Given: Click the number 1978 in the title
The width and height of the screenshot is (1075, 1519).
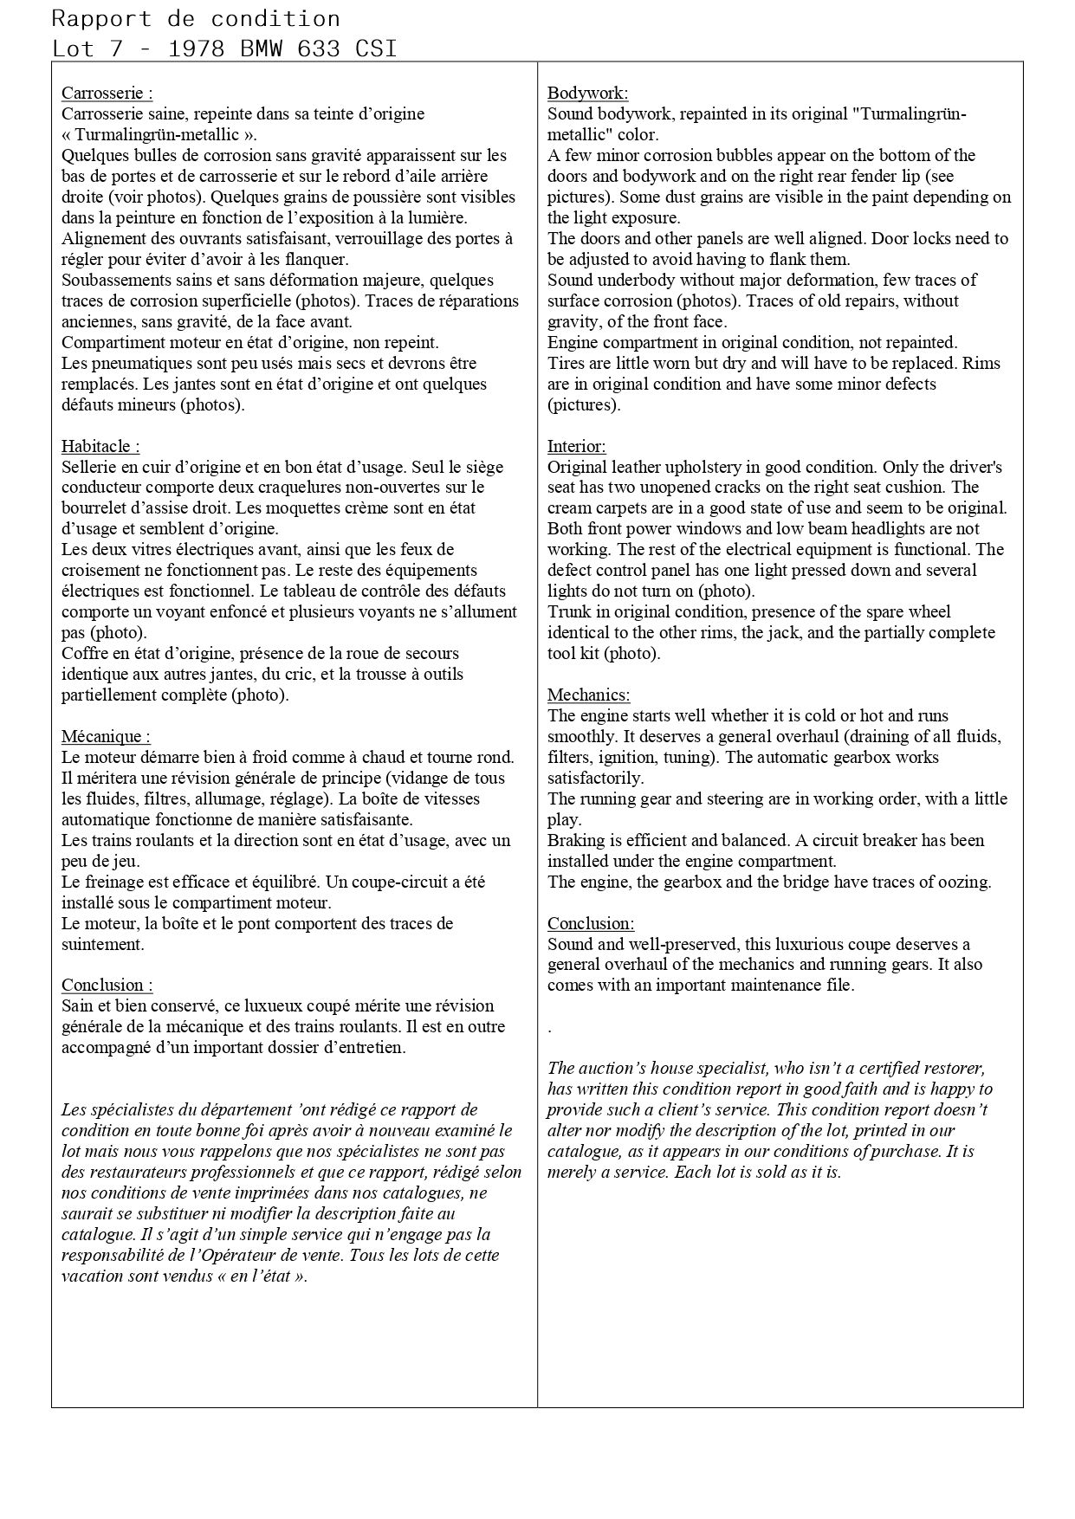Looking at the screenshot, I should click(197, 48).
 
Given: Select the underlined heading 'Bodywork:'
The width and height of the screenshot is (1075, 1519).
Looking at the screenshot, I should click(587, 93).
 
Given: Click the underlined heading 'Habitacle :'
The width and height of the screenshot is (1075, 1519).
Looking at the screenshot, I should click(100, 446).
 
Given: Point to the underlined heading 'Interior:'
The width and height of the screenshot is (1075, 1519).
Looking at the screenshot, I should click(576, 446).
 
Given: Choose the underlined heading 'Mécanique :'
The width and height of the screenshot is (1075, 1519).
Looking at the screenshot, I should click(106, 736).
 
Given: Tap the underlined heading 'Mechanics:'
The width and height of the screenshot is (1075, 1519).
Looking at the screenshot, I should click(588, 695).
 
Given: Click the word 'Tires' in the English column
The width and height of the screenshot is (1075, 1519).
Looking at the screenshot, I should click(566, 363).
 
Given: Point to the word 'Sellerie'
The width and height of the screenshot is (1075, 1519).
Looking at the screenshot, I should click(88, 467).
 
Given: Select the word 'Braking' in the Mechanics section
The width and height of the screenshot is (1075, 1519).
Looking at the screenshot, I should click(576, 840).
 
